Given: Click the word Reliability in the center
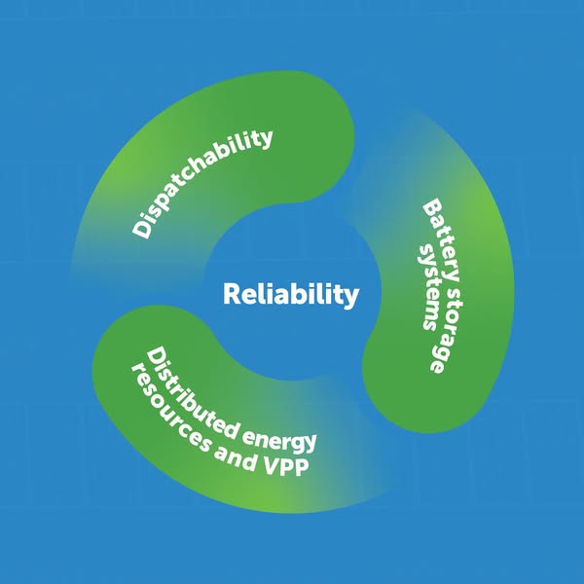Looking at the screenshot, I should pos(291,294).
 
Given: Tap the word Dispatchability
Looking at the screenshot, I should pos(202,182).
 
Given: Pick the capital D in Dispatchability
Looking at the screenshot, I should pos(142,229).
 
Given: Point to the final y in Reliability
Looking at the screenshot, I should pos(351,297).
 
